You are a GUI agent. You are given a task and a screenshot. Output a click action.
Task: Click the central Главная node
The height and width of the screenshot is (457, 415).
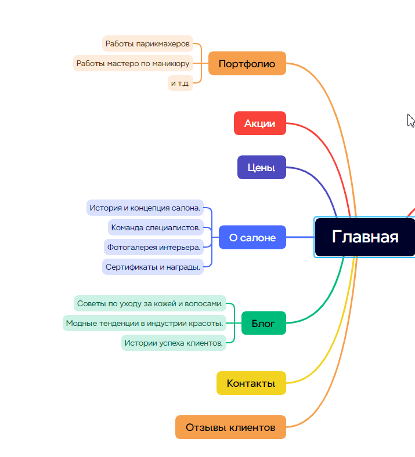coord(365,237)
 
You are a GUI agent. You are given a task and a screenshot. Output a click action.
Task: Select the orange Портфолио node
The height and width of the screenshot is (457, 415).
coord(247,63)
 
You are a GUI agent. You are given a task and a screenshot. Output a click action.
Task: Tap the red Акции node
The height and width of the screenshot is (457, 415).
coord(259,123)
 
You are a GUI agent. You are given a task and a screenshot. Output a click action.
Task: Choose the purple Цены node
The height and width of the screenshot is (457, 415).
coord(261,167)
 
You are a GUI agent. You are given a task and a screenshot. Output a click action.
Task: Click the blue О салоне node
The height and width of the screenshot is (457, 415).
coord(252,237)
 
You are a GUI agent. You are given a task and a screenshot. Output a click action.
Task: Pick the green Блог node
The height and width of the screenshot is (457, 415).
coord(263,323)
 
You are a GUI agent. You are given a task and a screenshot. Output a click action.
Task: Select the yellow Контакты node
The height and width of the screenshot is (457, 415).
coord(251,383)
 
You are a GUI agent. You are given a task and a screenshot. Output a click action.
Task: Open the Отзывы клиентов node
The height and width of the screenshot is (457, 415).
coord(230,427)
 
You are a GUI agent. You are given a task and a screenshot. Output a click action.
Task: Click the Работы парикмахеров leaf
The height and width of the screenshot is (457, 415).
coord(147,43)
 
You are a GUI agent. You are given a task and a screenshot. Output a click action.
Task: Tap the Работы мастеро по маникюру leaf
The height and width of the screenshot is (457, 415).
coord(133,63)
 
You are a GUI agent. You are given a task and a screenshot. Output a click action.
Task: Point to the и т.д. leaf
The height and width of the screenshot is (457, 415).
coord(180,83)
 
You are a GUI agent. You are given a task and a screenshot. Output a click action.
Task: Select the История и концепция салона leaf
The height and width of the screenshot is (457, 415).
coord(145,207)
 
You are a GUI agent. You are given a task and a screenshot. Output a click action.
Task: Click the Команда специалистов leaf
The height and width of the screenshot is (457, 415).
coord(156,227)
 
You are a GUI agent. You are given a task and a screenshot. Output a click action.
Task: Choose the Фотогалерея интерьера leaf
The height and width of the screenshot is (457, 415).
coord(154,247)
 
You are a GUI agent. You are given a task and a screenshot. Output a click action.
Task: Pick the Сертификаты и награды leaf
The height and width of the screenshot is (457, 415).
coord(153,267)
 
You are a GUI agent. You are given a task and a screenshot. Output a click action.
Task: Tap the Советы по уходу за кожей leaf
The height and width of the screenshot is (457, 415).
coord(150,303)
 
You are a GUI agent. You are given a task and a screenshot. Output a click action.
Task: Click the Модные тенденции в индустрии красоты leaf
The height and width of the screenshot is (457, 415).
coord(145,323)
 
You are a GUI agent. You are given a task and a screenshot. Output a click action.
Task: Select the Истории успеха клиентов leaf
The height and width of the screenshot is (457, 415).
coord(174,343)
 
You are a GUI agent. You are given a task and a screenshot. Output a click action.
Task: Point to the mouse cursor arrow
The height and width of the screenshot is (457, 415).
coord(410,119)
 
